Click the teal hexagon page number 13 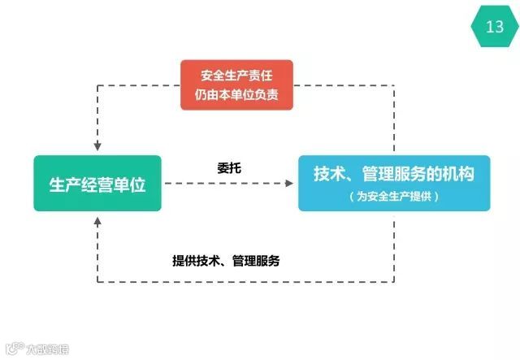[495, 26]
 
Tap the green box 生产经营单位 [97, 184]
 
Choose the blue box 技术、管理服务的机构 [394, 183]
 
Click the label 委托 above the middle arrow [229, 168]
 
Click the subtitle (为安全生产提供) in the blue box [394, 197]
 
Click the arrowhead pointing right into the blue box [289, 184]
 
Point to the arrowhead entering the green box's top [97, 147]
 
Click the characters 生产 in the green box [65, 184]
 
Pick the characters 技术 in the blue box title [329, 174]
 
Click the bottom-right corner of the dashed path [394, 282]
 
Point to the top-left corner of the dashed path [97, 85]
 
